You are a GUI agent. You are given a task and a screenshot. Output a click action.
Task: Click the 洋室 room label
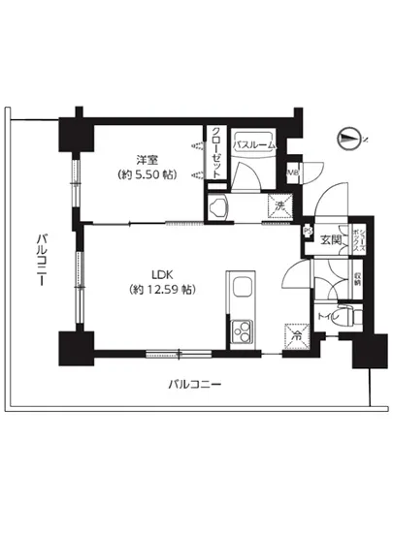(x=146, y=160)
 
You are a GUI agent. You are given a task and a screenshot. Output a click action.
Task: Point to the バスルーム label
(x=256, y=144)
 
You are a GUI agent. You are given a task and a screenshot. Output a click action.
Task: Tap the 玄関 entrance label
(x=328, y=239)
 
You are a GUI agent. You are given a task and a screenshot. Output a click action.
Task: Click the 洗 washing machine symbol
(x=279, y=206)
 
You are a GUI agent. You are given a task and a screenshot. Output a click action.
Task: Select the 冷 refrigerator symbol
(x=296, y=336)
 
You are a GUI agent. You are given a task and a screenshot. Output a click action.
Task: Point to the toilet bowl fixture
(x=349, y=316)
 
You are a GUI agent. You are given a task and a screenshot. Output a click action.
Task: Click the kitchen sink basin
(x=241, y=288)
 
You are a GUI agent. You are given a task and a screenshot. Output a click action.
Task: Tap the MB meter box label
(x=296, y=173)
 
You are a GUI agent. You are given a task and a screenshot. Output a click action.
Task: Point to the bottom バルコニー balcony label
(x=194, y=385)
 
